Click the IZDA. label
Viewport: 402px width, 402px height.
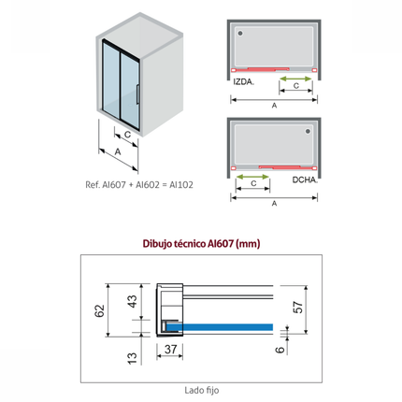pos(244,82)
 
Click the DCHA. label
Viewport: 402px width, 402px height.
pos(305,179)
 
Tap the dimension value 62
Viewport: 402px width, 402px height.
pos(99,310)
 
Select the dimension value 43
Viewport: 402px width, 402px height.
pos(133,301)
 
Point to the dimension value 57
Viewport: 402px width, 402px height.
pos(298,308)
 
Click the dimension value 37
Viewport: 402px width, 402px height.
pos(171,350)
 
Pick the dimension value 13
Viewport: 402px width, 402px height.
pos(133,358)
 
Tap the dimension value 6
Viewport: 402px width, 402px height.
pos(280,350)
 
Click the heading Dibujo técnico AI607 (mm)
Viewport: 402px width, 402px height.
pos(201,243)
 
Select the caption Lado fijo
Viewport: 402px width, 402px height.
pos(202,390)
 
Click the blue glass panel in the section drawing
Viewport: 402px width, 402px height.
pos(220,327)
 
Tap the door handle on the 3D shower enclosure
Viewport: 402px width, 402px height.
pos(137,93)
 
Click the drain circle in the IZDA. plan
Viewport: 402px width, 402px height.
pos(240,33)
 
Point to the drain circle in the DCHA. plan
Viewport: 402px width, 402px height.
pos(308,131)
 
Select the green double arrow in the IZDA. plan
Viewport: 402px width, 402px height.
pos(295,79)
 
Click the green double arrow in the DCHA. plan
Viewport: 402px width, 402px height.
pos(252,177)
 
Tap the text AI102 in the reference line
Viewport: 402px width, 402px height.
pos(181,185)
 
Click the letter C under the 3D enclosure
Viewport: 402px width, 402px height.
pos(128,135)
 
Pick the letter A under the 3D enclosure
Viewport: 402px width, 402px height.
pos(118,151)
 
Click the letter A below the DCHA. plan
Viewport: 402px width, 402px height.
pos(274,204)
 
